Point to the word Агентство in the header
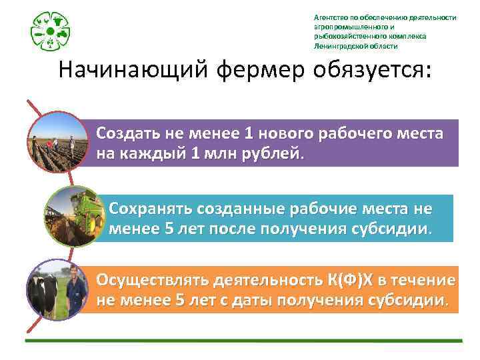click(x=331, y=17)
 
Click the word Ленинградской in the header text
click(x=342, y=46)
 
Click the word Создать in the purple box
click(x=123, y=133)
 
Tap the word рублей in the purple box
click(x=275, y=153)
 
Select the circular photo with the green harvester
click(x=71, y=215)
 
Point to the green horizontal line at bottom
click(x=243, y=341)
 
